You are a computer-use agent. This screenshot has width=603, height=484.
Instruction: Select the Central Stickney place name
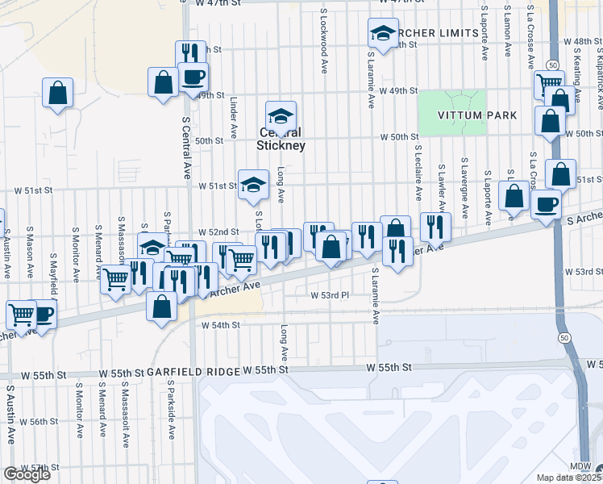click(x=281, y=139)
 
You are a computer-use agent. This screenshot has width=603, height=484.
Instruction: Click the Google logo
click(x=27, y=474)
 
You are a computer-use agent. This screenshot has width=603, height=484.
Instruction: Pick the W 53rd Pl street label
click(x=329, y=295)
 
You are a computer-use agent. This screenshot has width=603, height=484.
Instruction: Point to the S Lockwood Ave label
click(x=323, y=42)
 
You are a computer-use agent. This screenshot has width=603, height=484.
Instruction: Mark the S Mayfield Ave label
click(x=54, y=252)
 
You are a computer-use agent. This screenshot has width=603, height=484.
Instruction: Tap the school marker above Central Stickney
click(x=281, y=115)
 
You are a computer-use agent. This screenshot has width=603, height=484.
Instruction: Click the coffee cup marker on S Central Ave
click(x=193, y=78)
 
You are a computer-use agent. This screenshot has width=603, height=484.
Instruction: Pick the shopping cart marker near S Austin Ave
click(x=21, y=314)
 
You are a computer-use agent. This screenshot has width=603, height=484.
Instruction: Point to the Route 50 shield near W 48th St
click(x=552, y=64)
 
